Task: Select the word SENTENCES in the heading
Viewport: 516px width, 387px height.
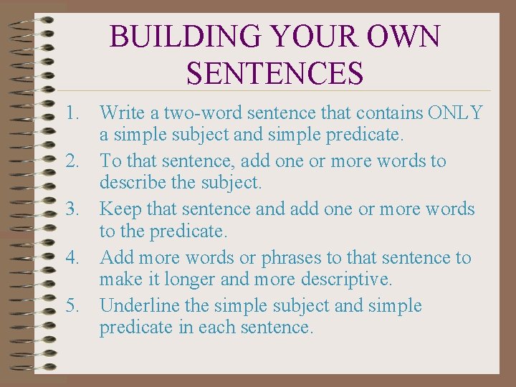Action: tap(274, 72)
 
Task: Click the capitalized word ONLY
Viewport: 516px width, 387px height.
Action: tap(455, 113)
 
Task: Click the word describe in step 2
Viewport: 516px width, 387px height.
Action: tap(130, 183)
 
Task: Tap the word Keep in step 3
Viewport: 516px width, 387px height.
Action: tap(120, 209)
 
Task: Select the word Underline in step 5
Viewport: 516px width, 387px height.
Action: tap(140, 306)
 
